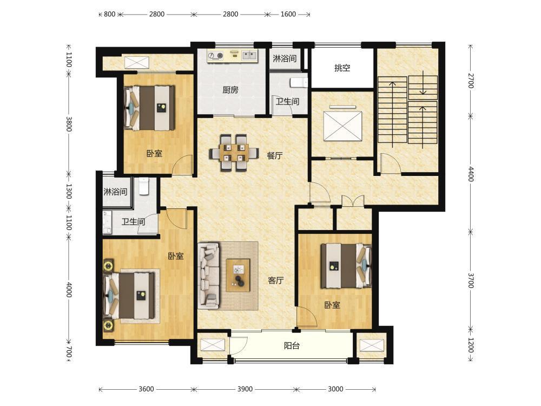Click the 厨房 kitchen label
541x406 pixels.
(230, 90)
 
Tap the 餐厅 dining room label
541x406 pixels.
(275, 156)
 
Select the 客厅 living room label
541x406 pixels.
(276, 280)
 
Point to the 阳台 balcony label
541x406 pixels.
(292, 345)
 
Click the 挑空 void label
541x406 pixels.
(342, 68)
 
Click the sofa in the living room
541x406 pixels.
(209, 275)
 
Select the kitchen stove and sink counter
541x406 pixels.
(232, 56)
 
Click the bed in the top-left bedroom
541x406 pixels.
(149, 108)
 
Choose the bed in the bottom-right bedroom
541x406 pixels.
(346, 266)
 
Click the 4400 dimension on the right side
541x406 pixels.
(471, 174)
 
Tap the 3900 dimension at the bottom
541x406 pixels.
(245, 389)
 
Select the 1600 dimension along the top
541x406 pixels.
(288, 14)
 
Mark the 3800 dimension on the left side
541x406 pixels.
(69, 124)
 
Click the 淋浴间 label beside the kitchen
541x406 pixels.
(285, 58)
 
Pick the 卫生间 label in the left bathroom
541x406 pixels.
(133, 221)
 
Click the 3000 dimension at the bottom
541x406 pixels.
(335, 389)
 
